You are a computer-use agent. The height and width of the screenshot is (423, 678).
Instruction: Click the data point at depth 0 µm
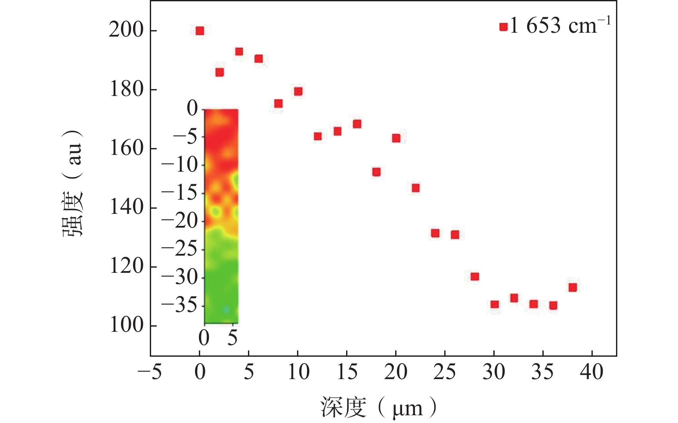(200, 31)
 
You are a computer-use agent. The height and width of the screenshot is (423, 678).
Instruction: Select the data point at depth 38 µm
(573, 287)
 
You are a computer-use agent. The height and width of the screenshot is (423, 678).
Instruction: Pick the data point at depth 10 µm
(298, 91)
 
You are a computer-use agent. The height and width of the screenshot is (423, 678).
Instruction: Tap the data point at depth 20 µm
(396, 138)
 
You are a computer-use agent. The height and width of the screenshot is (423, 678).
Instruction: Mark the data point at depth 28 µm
(475, 276)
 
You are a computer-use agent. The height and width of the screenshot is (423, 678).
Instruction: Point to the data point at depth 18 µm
(376, 172)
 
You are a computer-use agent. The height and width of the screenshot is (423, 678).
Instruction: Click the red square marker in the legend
(503, 27)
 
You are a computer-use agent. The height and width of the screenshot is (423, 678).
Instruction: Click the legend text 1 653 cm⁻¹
(560, 26)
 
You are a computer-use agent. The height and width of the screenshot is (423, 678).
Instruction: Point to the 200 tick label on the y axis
(126, 31)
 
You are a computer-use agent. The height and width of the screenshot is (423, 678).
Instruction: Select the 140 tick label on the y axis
(126, 207)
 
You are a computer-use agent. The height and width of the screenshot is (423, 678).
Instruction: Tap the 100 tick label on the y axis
(126, 325)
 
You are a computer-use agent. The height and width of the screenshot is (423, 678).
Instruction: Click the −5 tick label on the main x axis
(150, 372)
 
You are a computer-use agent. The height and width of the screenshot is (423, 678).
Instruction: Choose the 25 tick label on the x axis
(444, 372)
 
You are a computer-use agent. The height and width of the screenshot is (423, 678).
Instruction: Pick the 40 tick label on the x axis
(591, 372)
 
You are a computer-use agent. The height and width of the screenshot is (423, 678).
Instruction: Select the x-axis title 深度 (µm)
(378, 408)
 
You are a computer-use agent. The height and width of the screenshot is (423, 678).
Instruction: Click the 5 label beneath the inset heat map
(232, 338)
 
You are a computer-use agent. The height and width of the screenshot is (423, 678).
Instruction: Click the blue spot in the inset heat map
(226, 309)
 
